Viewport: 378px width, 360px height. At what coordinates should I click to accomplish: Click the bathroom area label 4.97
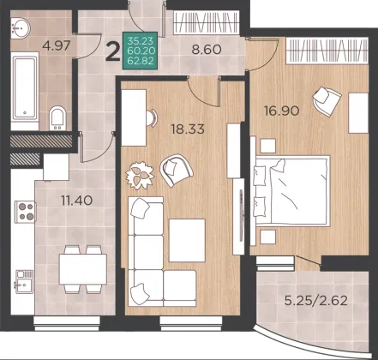tap(56, 45)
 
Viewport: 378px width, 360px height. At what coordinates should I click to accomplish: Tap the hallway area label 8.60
tap(207, 50)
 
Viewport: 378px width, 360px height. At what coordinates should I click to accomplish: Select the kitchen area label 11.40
tap(77, 201)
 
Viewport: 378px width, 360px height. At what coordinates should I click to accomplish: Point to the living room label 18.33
tap(188, 129)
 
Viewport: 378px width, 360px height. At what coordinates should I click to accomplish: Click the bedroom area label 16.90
tap(282, 111)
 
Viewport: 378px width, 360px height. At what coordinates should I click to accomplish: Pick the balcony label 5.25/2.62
tap(316, 301)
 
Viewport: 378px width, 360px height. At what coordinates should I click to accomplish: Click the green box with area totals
tap(140, 51)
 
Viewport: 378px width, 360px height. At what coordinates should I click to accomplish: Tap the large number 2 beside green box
tap(112, 51)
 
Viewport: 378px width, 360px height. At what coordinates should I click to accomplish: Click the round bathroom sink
tap(21, 27)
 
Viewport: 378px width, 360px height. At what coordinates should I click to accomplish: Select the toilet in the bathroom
tap(57, 118)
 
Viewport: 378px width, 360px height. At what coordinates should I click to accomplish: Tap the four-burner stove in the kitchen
tap(26, 212)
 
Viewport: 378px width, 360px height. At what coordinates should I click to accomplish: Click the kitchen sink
tap(25, 281)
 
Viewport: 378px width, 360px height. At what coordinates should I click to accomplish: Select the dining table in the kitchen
tap(83, 269)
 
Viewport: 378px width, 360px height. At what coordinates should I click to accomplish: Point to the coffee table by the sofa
tap(187, 240)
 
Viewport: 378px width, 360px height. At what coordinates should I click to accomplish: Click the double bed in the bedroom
tap(291, 191)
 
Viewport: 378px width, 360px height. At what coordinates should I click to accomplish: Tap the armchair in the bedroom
tap(327, 101)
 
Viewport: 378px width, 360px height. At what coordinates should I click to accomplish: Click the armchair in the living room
tap(177, 171)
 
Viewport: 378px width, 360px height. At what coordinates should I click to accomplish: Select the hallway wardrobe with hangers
tap(207, 22)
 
